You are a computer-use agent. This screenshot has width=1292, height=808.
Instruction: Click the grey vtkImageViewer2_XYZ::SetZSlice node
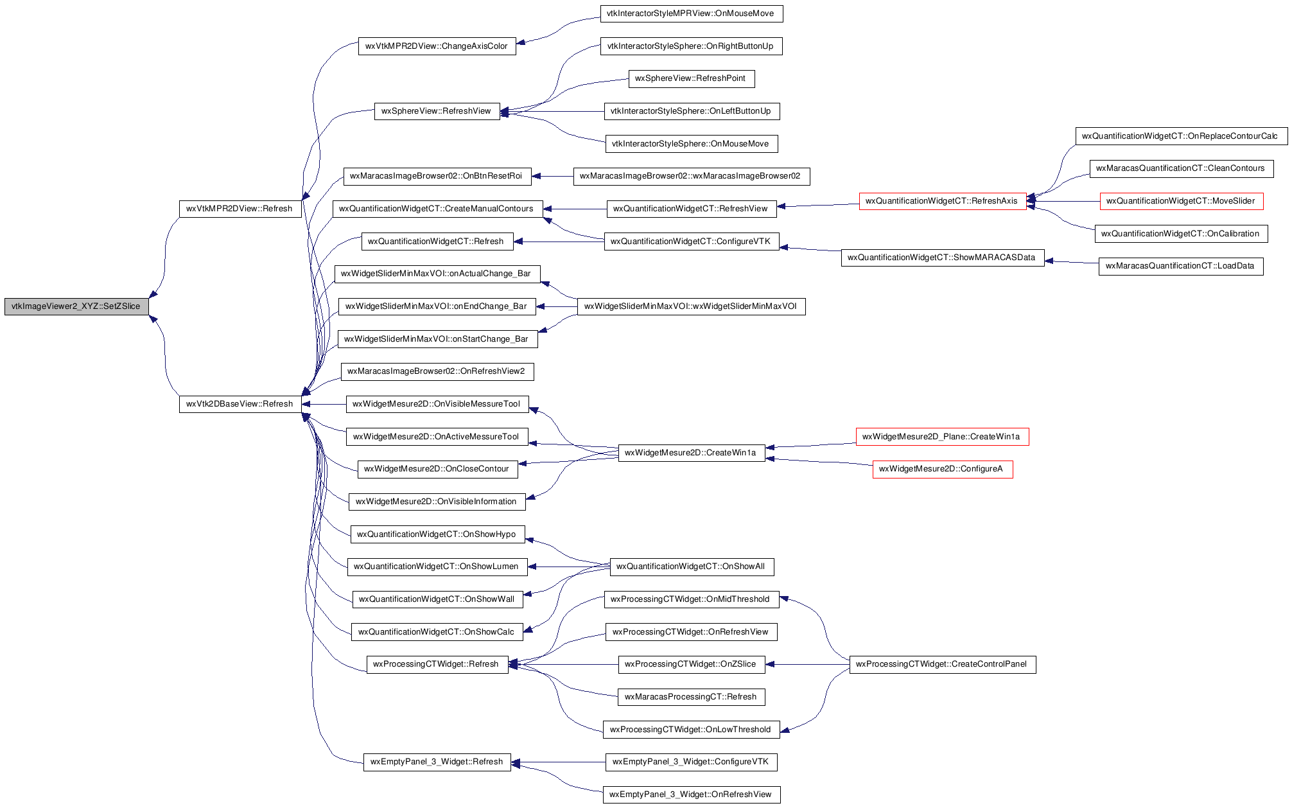point(76,306)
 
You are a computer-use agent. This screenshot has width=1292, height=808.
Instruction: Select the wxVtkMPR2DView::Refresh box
point(240,209)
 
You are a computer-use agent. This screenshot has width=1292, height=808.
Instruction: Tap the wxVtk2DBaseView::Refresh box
point(240,404)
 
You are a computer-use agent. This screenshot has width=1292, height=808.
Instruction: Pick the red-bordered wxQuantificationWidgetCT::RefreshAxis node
point(943,201)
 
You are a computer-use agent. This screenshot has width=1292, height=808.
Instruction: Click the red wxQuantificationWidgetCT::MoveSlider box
point(1182,201)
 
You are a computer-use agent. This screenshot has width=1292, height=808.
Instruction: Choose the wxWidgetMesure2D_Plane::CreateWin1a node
point(942,437)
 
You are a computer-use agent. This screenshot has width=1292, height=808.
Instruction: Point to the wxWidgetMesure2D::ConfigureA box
point(942,470)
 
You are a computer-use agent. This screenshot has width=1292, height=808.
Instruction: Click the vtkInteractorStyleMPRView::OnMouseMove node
point(691,13)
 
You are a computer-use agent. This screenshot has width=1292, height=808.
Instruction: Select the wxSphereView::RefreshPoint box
point(691,79)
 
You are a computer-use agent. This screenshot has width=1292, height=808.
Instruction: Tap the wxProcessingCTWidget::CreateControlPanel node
point(942,665)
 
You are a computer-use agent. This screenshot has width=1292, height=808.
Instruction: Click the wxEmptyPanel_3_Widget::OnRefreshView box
point(691,795)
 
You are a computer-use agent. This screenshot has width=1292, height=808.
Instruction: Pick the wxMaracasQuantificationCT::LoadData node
point(1180,267)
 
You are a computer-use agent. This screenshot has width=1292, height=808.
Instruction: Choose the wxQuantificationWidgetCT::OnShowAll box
point(691,567)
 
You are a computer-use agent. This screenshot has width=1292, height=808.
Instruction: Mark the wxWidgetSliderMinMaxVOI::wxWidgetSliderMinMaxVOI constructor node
point(691,307)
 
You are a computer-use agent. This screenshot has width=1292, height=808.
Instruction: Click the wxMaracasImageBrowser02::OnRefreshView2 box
point(437,372)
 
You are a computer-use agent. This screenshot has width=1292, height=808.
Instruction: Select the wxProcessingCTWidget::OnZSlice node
point(691,665)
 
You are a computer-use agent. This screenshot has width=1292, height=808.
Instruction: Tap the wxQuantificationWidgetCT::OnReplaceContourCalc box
point(1181,136)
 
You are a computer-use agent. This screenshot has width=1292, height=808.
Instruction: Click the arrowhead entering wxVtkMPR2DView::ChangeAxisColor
point(521,43)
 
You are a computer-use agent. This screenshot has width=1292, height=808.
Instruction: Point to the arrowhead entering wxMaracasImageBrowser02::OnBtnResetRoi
point(537,176)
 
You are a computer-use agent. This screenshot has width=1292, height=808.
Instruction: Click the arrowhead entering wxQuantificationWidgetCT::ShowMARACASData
point(1050,261)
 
